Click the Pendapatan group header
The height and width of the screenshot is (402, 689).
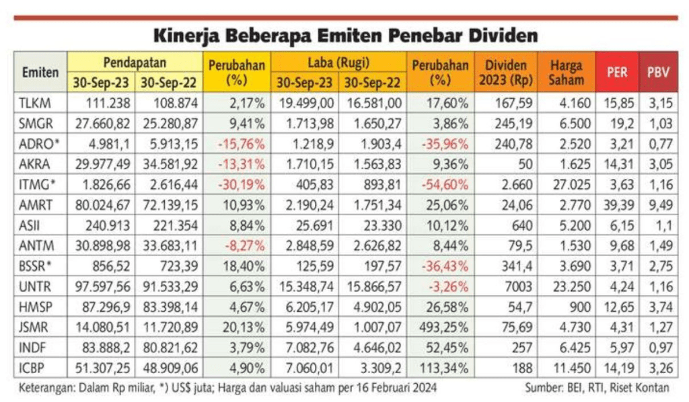coord(135,63)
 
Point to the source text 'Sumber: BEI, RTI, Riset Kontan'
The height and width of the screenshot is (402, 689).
coord(597,388)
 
